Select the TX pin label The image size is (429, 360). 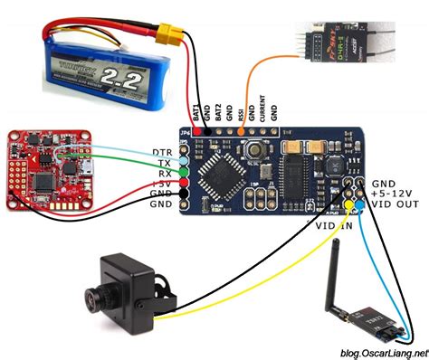point(164,163)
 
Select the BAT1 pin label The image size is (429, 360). point(196,112)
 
